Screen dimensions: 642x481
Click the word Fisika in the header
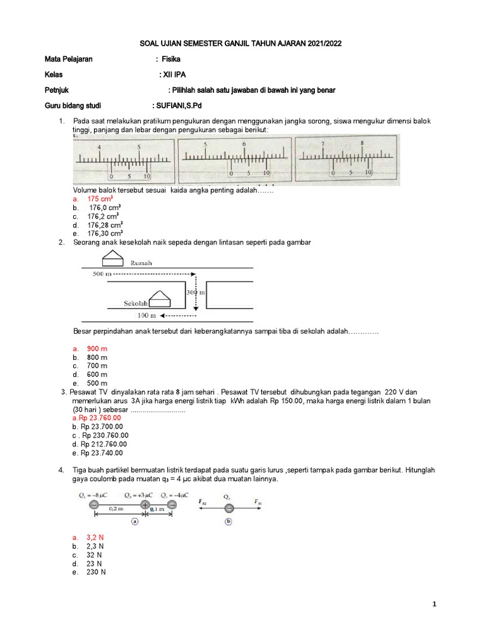tap(171, 59)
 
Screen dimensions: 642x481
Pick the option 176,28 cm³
tap(105, 224)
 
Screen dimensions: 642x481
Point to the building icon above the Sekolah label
tap(161, 295)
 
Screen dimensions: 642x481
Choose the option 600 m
tap(97, 374)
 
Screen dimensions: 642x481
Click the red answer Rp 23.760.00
tap(100, 418)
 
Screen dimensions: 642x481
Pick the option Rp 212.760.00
tap(102, 444)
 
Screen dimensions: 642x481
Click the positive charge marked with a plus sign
tap(145, 505)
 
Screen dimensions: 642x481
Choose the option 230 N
tap(96, 572)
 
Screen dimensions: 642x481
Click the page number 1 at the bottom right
tap(434, 604)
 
